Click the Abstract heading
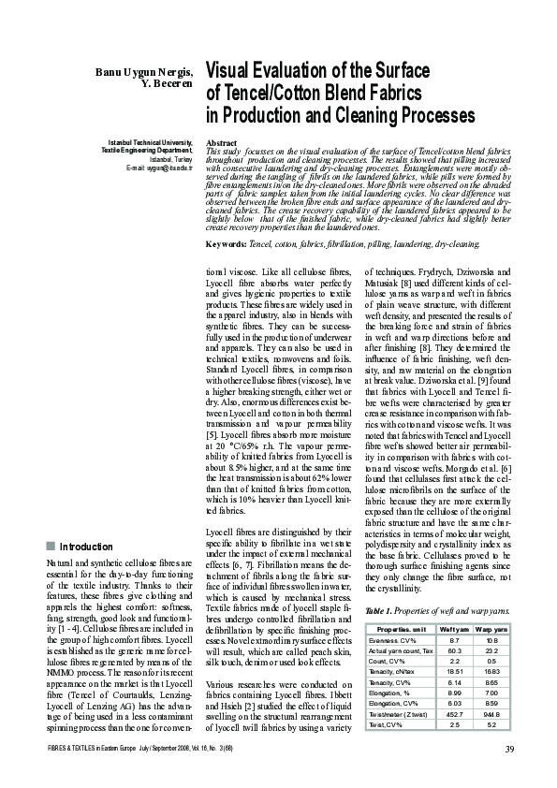[220, 142]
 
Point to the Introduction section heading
[86, 547]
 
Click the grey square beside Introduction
[50, 547]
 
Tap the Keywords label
[226, 243]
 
